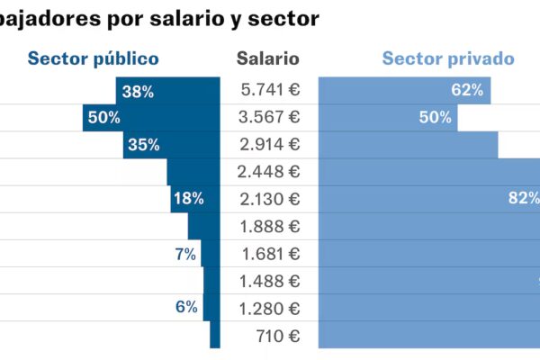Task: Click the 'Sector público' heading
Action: click(93, 58)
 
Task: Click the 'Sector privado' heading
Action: click(448, 58)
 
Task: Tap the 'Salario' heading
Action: click(268, 58)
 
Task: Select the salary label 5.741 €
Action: click(270, 91)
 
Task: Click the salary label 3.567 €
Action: click(270, 118)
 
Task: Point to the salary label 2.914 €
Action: click(270, 145)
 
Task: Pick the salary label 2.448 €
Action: click(270, 172)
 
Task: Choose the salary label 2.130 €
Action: click(270, 199)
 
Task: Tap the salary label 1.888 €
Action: click(270, 226)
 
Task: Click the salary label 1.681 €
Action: click(270, 253)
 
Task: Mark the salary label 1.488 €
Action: click(270, 281)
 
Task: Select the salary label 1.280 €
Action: click(270, 308)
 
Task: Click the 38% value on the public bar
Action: click(138, 91)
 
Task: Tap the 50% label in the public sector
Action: click(103, 118)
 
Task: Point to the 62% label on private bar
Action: click(467, 90)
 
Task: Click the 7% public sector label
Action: click(185, 254)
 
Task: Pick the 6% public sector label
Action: click(185, 307)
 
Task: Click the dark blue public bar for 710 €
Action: click(215, 335)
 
